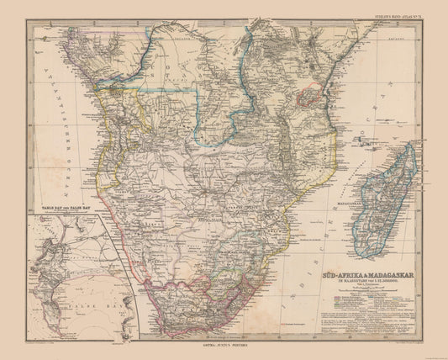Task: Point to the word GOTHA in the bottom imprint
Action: pos(205,347)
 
